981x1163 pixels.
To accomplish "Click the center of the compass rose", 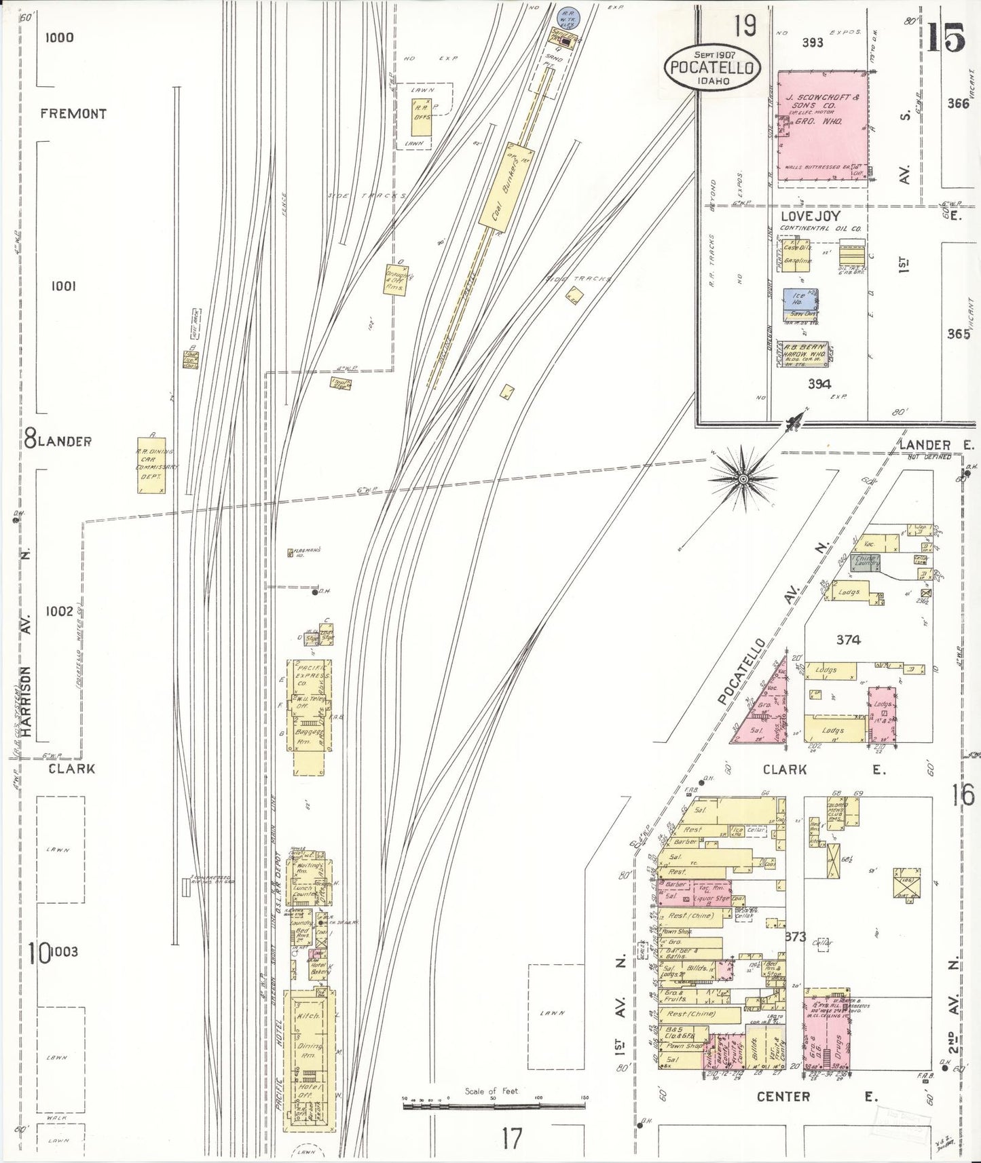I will [743, 479].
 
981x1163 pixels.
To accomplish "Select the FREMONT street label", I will [73, 114].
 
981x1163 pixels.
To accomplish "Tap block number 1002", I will [59, 611].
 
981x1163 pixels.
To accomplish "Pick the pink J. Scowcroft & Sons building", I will [822, 126].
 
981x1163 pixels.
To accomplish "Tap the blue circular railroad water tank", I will [564, 13].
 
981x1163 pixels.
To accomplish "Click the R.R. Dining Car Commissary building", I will [151, 465].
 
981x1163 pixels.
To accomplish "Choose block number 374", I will [848, 639].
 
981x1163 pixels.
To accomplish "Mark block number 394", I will [819, 384].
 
